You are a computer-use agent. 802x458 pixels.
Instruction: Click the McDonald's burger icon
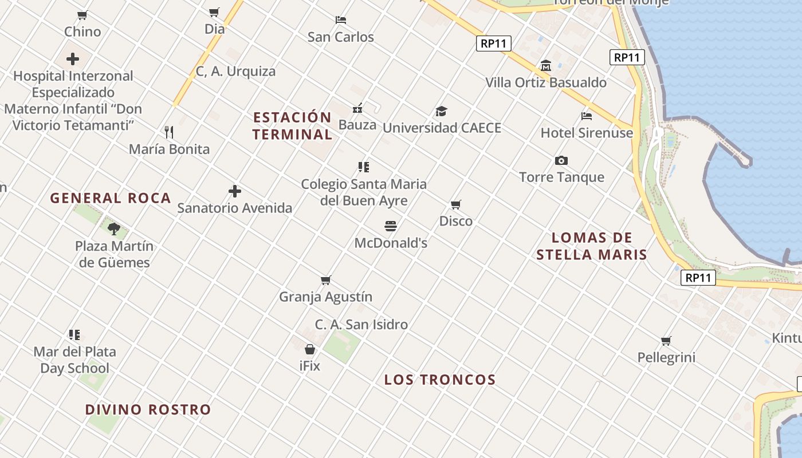point(391,226)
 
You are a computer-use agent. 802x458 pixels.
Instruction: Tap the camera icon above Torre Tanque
point(561,161)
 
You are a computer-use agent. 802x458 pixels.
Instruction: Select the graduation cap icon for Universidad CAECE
point(441,111)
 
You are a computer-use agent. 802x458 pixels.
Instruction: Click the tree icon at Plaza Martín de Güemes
point(114,229)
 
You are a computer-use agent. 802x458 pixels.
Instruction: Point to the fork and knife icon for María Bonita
point(169,132)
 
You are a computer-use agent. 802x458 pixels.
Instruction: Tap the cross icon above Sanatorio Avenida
point(235,191)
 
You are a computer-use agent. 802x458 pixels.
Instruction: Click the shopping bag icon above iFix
point(310,349)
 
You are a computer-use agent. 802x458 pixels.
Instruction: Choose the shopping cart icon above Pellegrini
point(666,341)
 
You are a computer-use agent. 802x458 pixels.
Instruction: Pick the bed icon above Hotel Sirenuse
point(587,116)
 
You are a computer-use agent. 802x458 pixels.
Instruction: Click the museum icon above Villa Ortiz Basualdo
point(546,66)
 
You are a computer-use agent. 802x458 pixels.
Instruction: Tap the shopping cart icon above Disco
point(456,204)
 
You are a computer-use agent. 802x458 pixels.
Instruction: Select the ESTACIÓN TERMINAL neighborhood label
point(292,126)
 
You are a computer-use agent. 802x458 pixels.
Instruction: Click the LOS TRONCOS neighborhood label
point(440,380)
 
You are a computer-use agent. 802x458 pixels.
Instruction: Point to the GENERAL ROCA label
point(111,198)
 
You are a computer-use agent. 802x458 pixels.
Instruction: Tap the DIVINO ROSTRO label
point(148,410)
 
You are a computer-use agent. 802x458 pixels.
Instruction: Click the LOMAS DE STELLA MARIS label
point(592,246)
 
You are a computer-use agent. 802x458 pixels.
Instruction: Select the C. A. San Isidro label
point(361,325)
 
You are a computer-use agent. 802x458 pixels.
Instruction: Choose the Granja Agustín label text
point(325,297)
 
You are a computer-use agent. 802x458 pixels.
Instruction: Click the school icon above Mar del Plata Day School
point(74,334)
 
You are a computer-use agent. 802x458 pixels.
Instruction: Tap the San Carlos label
point(341,37)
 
